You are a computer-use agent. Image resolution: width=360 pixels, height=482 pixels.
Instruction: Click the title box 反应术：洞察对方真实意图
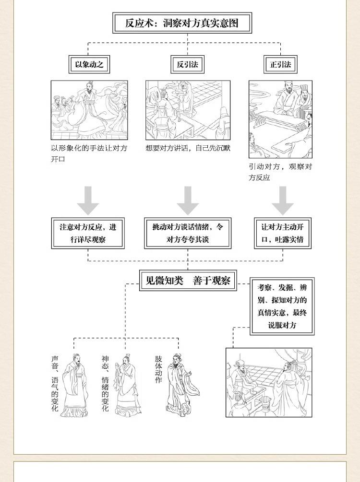pyautogui.click(x=182, y=23)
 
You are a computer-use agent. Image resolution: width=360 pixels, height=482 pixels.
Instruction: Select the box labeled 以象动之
pyautogui.click(x=89, y=64)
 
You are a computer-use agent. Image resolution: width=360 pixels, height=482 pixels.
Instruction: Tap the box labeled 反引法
pyautogui.click(x=187, y=64)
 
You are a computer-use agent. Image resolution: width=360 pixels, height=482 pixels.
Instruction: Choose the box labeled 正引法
pyautogui.click(x=281, y=64)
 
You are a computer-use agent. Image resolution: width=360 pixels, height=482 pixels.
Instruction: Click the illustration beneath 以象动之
pyautogui.click(x=89, y=110)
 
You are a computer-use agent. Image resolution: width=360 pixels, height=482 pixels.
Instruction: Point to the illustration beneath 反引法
pyautogui.click(x=188, y=110)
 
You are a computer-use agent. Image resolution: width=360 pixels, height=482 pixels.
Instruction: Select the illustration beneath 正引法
pyautogui.click(x=280, y=119)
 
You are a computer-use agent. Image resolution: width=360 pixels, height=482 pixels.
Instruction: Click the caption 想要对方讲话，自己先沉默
pyautogui.click(x=188, y=148)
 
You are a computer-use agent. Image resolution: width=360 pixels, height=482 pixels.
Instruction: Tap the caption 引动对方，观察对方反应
pyautogui.click(x=280, y=172)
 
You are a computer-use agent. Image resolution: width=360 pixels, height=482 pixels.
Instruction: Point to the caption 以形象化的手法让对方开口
pyautogui.click(x=89, y=153)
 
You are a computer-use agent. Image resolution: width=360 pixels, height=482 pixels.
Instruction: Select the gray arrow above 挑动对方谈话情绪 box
pyautogui.click(x=188, y=200)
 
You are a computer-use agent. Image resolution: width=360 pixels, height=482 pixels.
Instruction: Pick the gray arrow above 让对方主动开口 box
pyautogui.click(x=283, y=200)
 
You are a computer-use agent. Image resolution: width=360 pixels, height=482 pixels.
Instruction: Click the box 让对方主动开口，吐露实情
pyautogui.click(x=282, y=233)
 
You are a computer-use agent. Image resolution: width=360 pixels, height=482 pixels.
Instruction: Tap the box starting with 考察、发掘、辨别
pyautogui.click(x=282, y=306)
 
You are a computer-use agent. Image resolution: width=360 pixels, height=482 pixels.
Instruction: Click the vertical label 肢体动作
pyautogui.click(x=158, y=369)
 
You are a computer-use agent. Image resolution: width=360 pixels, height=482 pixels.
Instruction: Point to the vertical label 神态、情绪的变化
pyautogui.click(x=105, y=383)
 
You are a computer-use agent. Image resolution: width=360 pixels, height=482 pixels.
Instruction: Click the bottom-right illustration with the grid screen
pyautogui.click(x=269, y=382)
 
